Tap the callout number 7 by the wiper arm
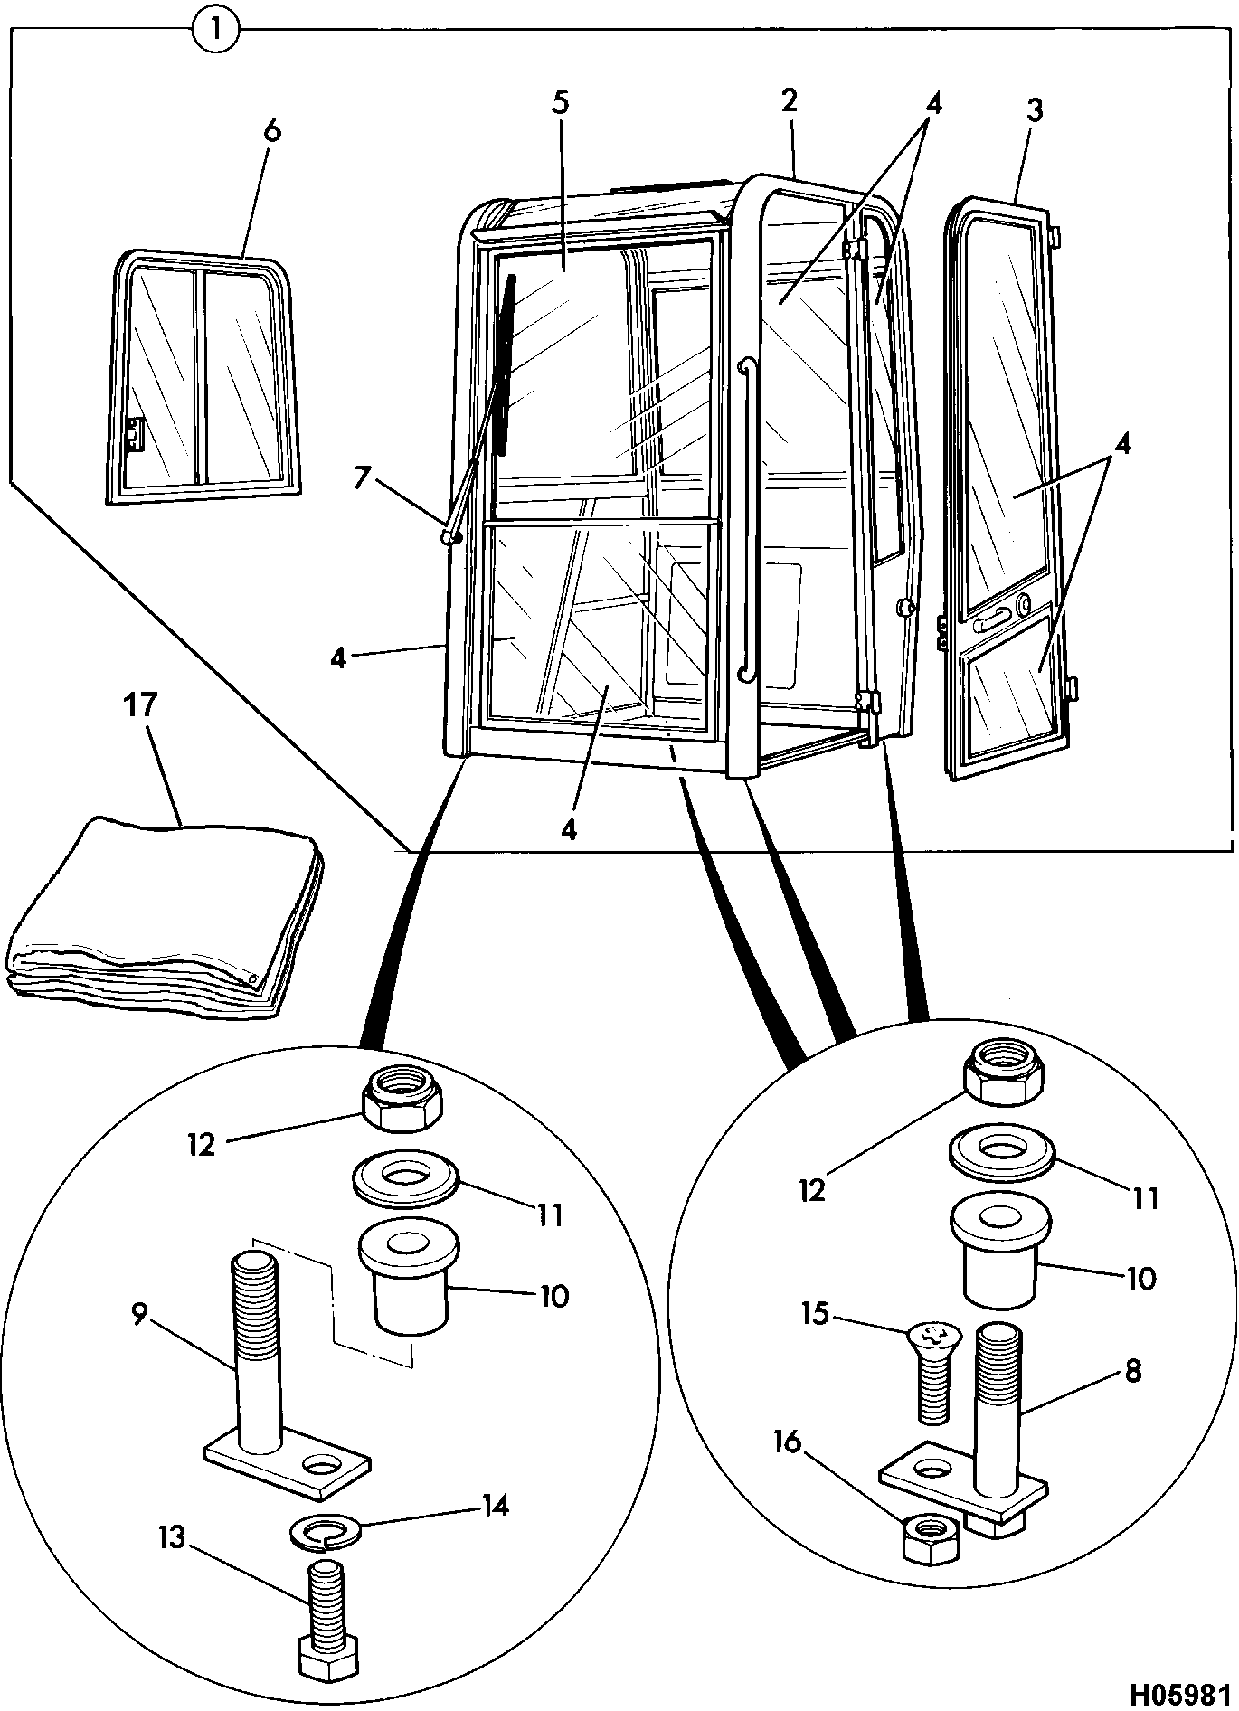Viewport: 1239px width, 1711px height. pyautogui.click(x=362, y=477)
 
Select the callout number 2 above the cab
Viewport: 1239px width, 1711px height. pyautogui.click(x=790, y=100)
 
